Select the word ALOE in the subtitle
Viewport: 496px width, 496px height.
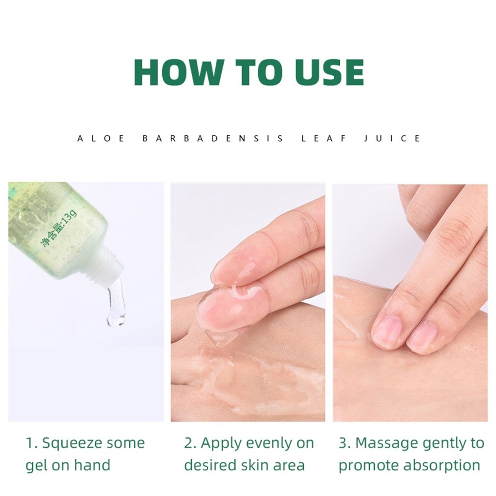(101, 138)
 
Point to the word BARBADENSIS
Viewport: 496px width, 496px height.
(213, 138)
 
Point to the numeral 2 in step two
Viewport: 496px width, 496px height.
(188, 443)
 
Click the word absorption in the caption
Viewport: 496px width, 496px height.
(442, 466)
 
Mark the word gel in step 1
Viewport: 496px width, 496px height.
(35, 466)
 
